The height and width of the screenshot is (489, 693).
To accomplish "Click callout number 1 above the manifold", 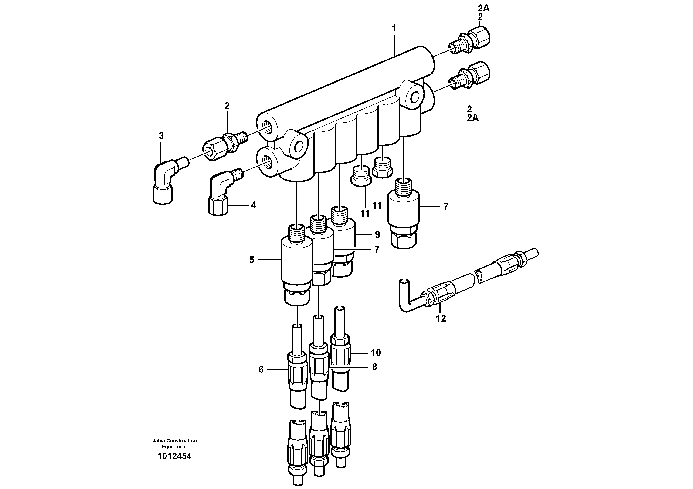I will click(394, 29).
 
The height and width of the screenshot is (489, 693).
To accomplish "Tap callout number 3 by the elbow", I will click(161, 136).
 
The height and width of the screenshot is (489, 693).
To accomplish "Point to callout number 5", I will click(252, 260).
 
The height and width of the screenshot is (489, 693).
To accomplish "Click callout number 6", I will click(261, 369).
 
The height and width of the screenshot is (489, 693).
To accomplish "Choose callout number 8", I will click(375, 367).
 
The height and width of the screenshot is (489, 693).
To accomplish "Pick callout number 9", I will click(377, 234).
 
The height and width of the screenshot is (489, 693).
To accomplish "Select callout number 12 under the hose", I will click(441, 318).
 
